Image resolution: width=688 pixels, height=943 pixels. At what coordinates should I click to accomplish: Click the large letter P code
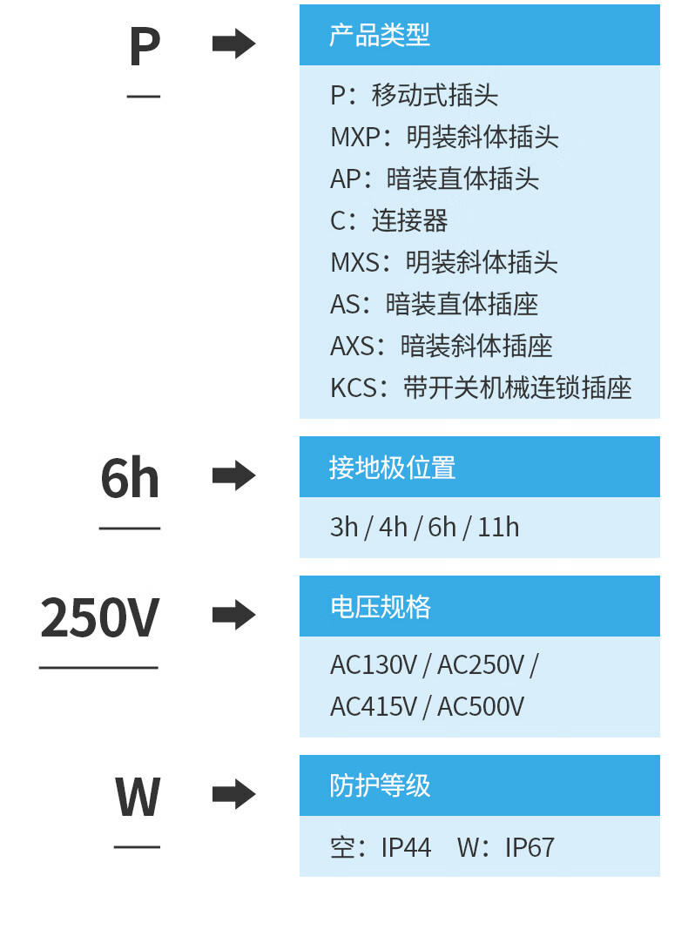pos(145,46)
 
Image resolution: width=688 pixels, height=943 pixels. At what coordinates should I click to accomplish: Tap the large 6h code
pos(130,478)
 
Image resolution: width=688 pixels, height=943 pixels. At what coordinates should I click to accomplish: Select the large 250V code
pos(99,618)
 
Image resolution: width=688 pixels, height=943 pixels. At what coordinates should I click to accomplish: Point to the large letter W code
pos(138,796)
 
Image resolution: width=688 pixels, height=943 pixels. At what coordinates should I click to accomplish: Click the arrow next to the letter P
pos(233,44)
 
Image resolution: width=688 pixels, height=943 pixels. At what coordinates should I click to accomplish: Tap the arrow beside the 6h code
pos(233,476)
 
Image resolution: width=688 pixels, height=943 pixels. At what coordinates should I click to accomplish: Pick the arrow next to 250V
pos(233,616)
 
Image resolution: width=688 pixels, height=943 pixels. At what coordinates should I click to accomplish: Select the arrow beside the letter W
pos(233,794)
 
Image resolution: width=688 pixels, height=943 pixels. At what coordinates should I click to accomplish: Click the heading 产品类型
pos(380,36)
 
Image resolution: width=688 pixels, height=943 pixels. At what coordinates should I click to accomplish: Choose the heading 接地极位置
pos(392,468)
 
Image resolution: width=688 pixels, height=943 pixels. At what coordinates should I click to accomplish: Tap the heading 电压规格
pos(380,607)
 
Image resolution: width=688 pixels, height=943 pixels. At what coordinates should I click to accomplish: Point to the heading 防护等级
pos(380,785)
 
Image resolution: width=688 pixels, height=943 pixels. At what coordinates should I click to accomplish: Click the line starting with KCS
pos(481,387)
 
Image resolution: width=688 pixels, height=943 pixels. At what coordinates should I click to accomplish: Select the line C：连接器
pos(389,220)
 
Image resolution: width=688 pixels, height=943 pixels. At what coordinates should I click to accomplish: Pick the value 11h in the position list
pos(498,528)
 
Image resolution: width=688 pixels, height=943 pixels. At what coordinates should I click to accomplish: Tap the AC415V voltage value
pos(374,706)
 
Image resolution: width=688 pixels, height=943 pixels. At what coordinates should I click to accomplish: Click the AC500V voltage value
pos(481,706)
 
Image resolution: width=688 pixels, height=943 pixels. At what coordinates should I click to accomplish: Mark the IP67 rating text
pos(529,847)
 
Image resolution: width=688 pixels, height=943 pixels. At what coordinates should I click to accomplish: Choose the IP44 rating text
pos(406,847)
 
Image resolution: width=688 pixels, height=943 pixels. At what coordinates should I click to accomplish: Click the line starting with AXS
pos(442,346)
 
